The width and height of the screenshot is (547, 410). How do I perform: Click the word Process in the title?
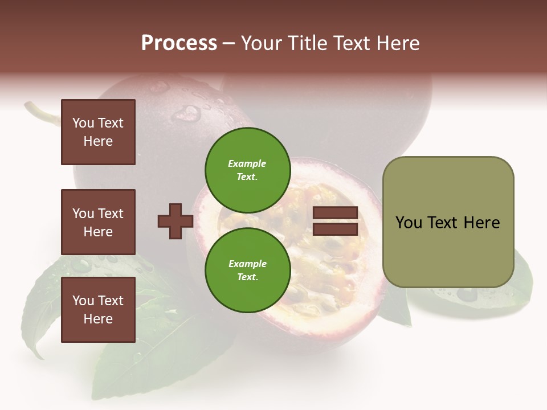179,43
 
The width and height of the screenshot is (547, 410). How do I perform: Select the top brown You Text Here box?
98,132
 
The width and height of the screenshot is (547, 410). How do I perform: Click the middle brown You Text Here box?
98,222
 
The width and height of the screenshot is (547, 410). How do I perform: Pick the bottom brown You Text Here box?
98,310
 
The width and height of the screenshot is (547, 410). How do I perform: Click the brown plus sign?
175,221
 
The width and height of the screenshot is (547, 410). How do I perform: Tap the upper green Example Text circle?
247,170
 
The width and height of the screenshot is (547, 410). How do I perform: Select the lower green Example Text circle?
247,270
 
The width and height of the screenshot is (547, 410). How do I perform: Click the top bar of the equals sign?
335,213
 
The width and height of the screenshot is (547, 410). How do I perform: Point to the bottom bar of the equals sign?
335,229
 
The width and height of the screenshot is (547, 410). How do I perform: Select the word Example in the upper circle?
247,163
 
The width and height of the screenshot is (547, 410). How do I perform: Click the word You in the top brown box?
83,123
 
